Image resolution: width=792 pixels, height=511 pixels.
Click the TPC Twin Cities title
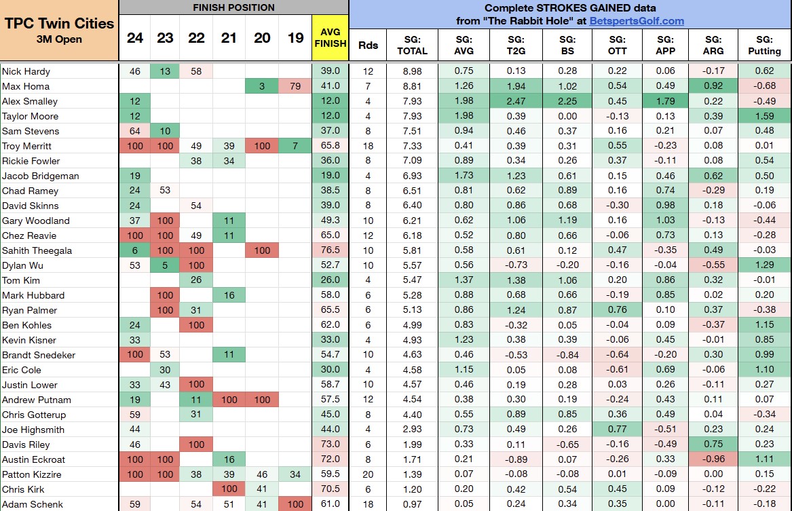(59, 24)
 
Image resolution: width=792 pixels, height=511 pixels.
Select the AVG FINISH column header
(330, 38)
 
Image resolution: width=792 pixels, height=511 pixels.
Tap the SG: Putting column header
(764, 45)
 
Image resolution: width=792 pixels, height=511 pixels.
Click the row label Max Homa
(25, 86)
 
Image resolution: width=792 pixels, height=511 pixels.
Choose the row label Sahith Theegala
(37, 250)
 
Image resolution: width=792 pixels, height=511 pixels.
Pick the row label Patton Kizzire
(31, 474)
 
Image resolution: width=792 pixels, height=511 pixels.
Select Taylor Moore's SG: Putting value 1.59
(764, 116)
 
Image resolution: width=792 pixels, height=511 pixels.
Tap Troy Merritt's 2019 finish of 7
(296, 146)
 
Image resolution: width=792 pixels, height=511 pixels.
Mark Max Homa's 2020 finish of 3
(261, 86)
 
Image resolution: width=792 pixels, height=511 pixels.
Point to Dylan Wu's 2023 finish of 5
(165, 265)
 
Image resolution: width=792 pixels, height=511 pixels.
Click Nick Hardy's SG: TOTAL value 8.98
(412, 71)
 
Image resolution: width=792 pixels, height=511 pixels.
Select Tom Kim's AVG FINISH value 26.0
(330, 280)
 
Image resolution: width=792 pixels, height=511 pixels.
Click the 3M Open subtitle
(59, 39)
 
